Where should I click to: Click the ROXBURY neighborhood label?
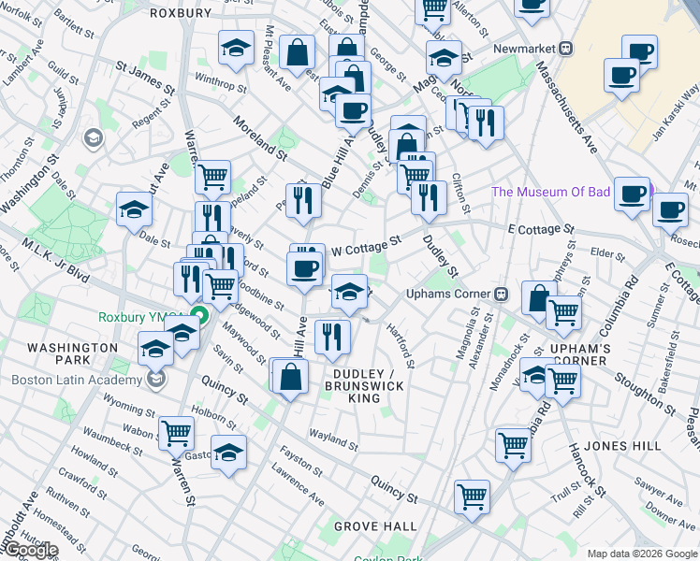click(181, 13)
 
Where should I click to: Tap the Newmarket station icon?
click(566, 48)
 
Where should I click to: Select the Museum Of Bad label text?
click(551, 193)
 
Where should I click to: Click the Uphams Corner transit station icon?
click(502, 295)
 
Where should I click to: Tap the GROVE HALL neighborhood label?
click(375, 527)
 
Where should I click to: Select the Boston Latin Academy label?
click(75, 380)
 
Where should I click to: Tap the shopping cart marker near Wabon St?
click(176, 431)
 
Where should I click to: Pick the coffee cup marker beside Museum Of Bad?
click(634, 194)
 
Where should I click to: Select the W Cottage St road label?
click(367, 246)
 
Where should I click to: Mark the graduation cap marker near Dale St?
click(135, 209)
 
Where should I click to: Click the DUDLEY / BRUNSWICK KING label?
click(364, 386)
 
